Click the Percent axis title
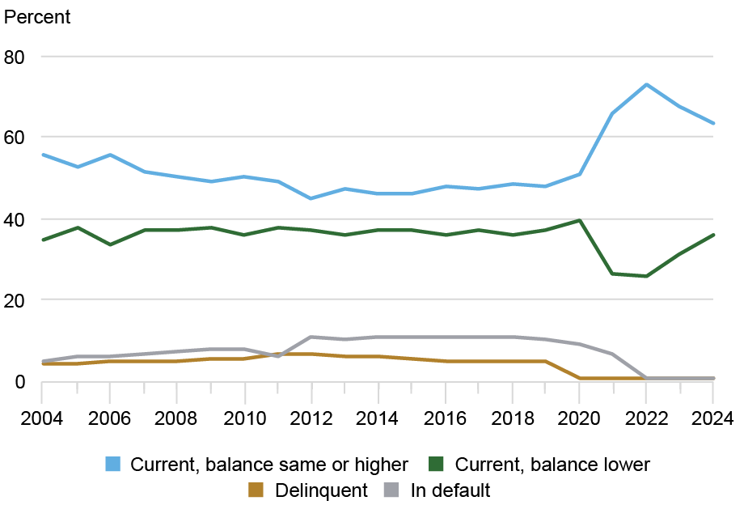[x=38, y=17]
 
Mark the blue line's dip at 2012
[x=311, y=198]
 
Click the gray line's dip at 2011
[x=277, y=356]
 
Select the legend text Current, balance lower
[x=552, y=465]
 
